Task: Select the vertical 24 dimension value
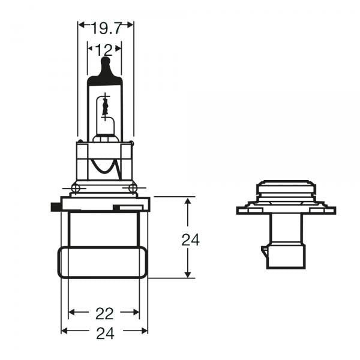tap(190, 240)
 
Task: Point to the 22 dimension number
tap(105, 313)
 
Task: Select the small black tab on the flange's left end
tap(53, 207)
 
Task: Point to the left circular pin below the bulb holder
tap(75, 189)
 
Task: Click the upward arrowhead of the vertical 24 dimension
tap(188, 203)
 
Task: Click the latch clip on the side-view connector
tap(265, 255)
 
